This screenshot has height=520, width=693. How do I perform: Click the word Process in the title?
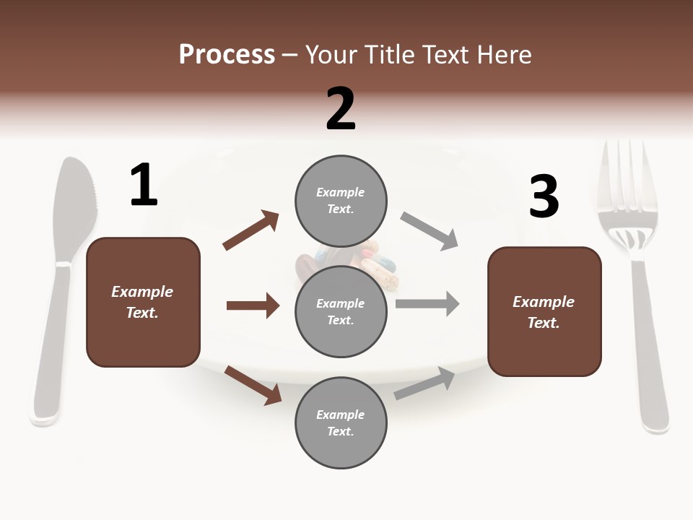click(x=227, y=54)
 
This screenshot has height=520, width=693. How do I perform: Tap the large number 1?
click(x=144, y=186)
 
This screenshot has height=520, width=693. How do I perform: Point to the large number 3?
click(x=544, y=197)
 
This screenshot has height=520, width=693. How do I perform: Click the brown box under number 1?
click(x=143, y=302)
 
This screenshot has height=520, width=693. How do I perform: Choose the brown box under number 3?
click(x=544, y=312)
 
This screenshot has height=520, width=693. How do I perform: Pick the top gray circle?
click(x=341, y=201)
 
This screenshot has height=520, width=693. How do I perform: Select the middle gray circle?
click(x=341, y=312)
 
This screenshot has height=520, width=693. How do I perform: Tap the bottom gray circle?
click(x=341, y=423)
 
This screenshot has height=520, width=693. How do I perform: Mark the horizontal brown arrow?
click(x=253, y=305)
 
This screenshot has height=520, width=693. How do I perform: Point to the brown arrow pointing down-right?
click(x=253, y=385)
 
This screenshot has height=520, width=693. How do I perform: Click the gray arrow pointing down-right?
click(x=430, y=231)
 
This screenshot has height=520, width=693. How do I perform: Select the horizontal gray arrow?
click(x=427, y=303)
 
